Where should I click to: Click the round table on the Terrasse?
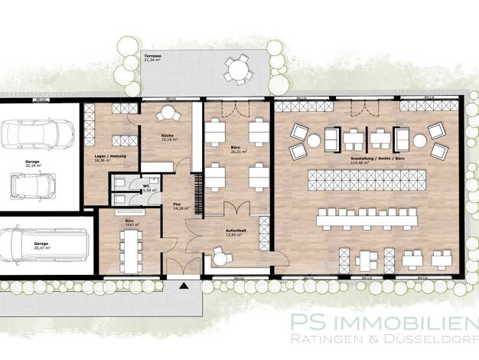point(236,70)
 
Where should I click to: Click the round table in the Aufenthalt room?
point(222,259)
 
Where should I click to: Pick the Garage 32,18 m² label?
point(34,165)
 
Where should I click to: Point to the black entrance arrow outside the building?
point(183,286)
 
